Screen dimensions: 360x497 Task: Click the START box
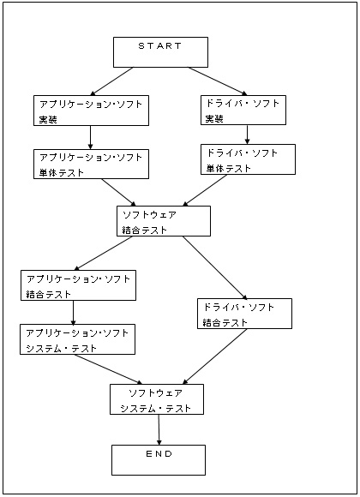coord(160,52)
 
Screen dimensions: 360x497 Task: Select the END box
coord(159,460)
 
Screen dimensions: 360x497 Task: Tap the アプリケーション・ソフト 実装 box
coord(92,111)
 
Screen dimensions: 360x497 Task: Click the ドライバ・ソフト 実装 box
coord(243,110)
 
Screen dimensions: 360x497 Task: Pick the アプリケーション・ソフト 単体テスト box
coord(92,165)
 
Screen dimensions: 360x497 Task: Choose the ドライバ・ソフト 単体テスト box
coord(248,159)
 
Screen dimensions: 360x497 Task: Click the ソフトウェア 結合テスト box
coord(164,221)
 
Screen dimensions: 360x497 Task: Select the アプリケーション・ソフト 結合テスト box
coord(78,285)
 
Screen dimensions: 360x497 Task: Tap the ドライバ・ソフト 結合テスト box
coord(244,314)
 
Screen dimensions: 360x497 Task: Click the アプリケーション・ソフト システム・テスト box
coord(77,339)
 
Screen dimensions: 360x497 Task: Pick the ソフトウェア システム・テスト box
coord(157,399)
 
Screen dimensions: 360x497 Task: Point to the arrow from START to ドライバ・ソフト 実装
coord(218,81)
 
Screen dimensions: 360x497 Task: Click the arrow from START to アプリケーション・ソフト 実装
coord(111,81)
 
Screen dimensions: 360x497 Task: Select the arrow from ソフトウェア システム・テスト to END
coord(159,430)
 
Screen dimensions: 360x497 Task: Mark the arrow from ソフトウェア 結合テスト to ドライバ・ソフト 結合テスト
coord(215,268)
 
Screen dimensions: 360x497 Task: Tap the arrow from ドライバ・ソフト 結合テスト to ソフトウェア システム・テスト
coord(215,356)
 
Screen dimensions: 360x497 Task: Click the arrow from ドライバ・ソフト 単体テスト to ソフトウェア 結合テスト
coord(205,190)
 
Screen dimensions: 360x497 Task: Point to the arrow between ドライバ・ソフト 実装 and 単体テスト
coord(247,135)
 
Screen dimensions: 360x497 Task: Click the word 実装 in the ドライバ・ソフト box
coord(214,119)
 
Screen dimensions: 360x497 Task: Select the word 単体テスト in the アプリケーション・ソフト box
coord(62,173)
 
